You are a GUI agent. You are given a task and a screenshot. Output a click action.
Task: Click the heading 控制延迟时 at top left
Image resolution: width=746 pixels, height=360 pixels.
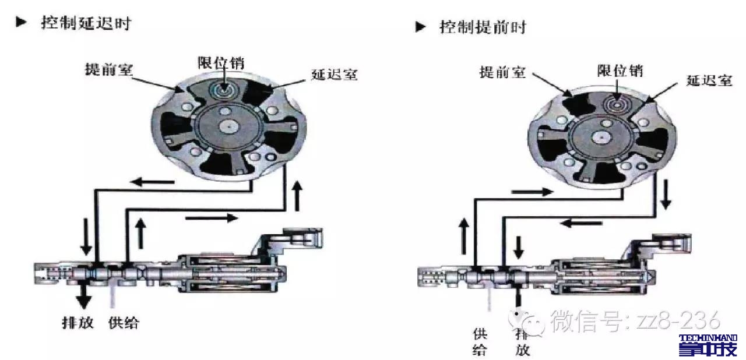(x=86, y=23)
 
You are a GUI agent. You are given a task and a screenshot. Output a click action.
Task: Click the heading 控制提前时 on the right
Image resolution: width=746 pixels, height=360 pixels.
(x=483, y=27)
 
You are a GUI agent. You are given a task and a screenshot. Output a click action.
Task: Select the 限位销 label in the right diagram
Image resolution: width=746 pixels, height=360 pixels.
(x=620, y=70)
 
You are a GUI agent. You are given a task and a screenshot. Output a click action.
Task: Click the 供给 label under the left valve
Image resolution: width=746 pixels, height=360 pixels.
(x=124, y=322)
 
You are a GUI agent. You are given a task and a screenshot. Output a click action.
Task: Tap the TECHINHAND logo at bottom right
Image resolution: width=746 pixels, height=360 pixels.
(x=708, y=345)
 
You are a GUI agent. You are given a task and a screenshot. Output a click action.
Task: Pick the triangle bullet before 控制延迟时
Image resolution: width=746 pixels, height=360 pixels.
(x=22, y=23)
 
